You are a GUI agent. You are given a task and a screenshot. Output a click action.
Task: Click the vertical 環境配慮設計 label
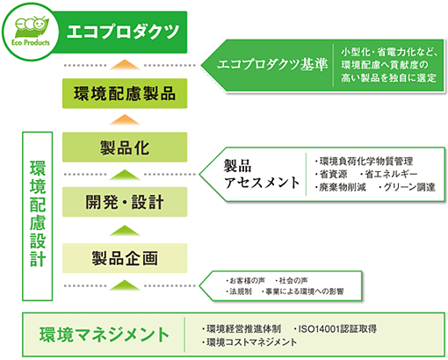(x=37, y=212)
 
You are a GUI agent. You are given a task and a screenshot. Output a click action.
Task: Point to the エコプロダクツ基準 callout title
(x=272, y=65)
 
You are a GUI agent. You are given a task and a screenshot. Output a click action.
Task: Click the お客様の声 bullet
(x=245, y=277)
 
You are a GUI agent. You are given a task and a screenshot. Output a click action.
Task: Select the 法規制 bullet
(x=239, y=290)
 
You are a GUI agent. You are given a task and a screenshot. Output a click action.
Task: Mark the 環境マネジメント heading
(x=104, y=334)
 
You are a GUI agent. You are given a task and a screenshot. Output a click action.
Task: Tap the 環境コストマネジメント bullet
(x=249, y=342)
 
